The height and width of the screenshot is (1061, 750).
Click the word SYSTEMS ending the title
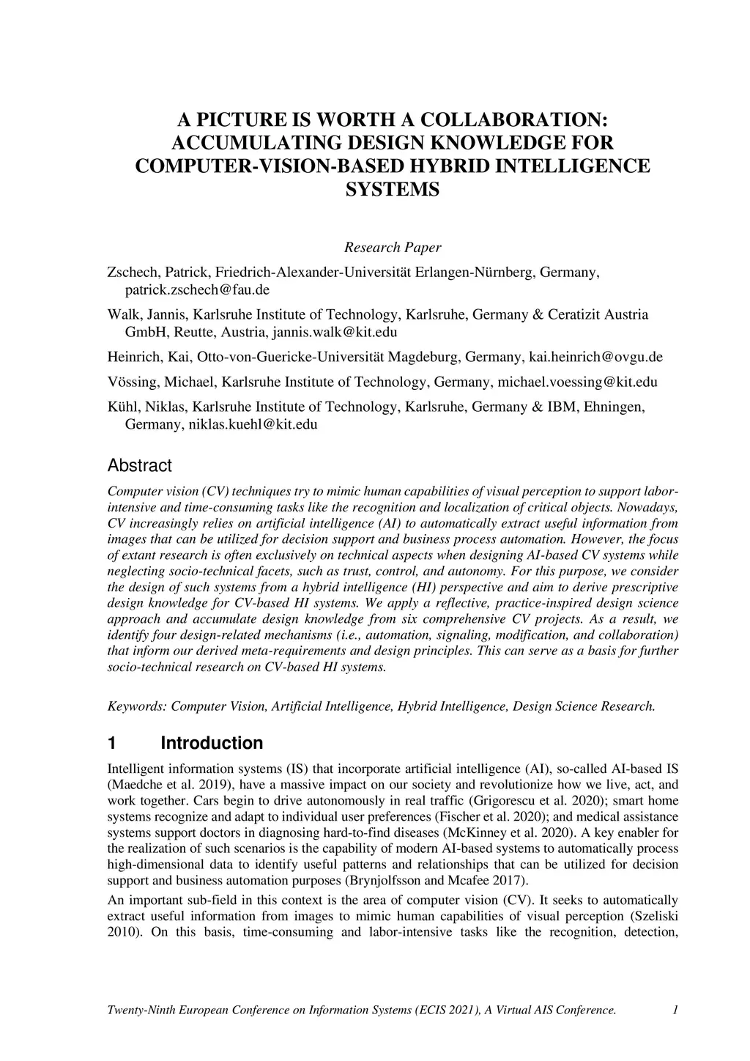pyautogui.click(x=392, y=190)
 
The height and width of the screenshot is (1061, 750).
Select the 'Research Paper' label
pyautogui.click(x=393, y=247)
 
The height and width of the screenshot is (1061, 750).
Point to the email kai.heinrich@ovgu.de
pyautogui.click(x=595, y=357)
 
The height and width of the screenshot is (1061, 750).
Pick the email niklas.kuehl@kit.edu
pyautogui.click(x=252, y=424)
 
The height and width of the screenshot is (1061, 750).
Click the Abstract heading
pyautogui.click(x=139, y=465)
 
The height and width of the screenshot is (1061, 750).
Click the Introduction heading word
pyautogui.click(x=212, y=743)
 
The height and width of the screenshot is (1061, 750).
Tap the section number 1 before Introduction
pyautogui.click(x=112, y=743)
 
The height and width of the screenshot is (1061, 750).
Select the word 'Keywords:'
pyautogui.click(x=137, y=706)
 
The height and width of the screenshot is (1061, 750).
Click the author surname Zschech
pyautogui.click(x=133, y=273)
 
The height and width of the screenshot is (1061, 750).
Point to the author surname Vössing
pyautogui.click(x=132, y=382)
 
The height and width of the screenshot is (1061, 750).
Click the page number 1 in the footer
pyautogui.click(x=675, y=1010)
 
